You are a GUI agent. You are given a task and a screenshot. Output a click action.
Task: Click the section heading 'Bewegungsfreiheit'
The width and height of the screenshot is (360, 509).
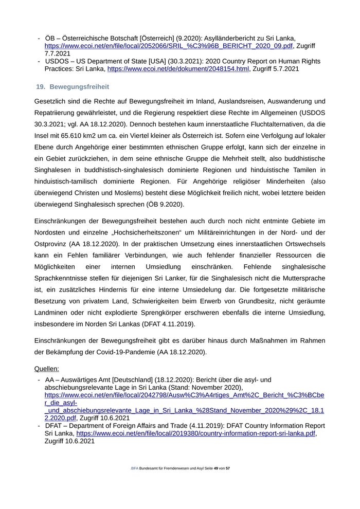coord(79,86)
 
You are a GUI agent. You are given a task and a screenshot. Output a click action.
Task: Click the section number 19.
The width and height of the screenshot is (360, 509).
coord(41,86)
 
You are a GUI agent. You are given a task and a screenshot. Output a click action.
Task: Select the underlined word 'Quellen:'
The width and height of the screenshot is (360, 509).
coord(46,369)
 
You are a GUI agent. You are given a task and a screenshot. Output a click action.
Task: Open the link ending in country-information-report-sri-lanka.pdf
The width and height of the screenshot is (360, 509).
coord(196,433)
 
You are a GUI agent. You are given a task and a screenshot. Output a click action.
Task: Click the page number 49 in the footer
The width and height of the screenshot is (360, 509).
coord(215,469)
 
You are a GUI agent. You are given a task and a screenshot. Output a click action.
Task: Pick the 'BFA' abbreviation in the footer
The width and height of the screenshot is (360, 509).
coord(134,469)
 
